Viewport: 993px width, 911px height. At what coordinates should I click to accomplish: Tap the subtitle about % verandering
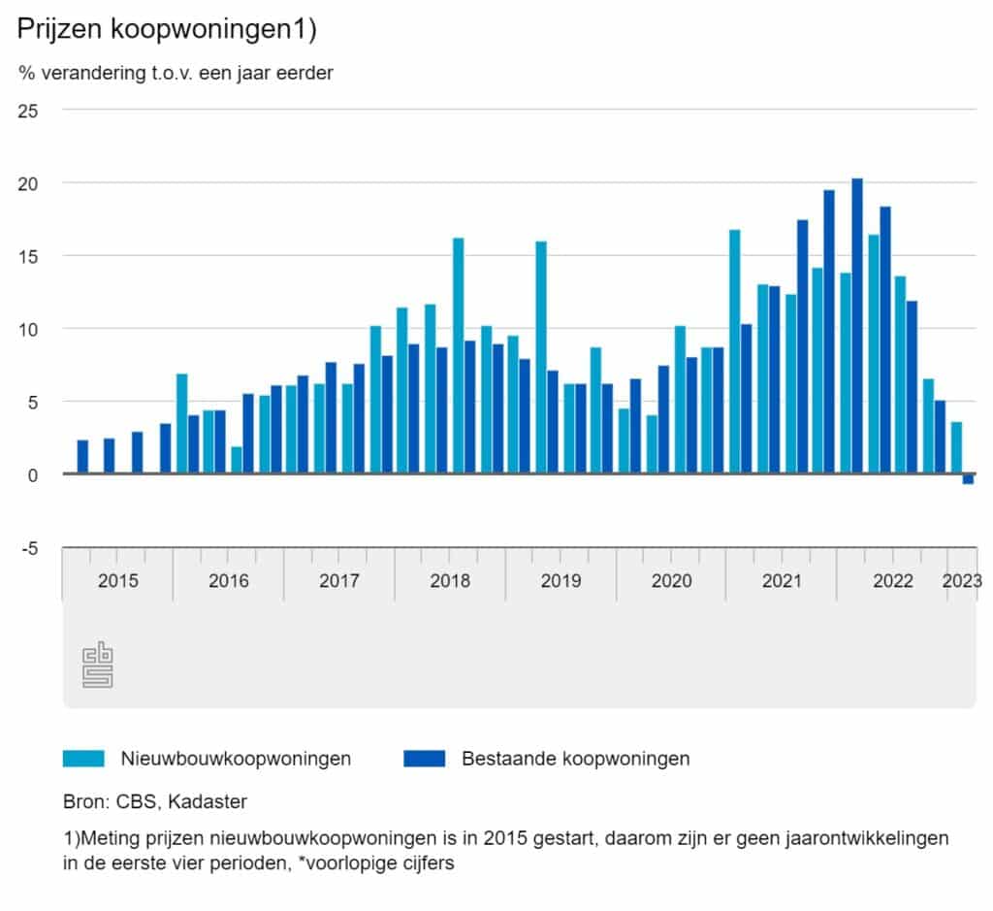(176, 74)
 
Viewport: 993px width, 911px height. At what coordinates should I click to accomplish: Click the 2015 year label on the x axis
(117, 581)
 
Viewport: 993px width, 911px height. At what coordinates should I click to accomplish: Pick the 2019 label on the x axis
(561, 581)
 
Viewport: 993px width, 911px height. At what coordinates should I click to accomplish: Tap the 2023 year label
(961, 581)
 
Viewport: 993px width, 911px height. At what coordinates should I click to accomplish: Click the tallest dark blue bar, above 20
(857, 326)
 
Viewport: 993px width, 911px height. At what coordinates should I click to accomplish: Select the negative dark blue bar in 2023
(968, 479)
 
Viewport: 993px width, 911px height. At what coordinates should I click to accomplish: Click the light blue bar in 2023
(956, 447)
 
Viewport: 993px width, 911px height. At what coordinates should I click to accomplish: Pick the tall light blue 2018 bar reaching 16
(459, 355)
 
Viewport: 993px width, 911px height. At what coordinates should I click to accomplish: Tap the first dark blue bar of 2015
(82, 457)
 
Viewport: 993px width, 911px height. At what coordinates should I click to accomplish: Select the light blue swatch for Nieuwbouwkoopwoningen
(83, 759)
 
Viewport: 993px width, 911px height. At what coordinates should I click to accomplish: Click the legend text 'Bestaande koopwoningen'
(575, 759)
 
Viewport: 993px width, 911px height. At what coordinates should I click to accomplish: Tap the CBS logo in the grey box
(97, 666)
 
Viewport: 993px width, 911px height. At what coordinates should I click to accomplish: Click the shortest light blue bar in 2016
(237, 460)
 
